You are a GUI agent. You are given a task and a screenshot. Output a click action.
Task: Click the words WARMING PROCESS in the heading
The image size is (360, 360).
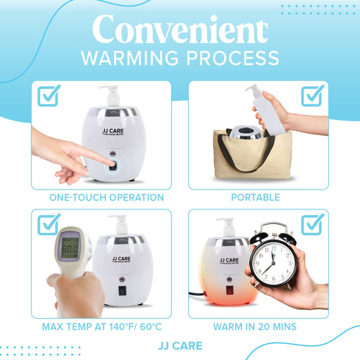[179, 59]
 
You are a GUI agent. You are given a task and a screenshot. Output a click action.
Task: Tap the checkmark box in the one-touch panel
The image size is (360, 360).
[48, 96]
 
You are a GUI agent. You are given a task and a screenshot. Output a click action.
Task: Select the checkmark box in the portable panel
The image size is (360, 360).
[312, 96]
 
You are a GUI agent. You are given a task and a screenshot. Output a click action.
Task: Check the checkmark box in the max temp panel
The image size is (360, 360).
[48, 224]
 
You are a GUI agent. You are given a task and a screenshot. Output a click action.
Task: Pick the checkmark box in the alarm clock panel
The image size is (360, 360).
[312, 224]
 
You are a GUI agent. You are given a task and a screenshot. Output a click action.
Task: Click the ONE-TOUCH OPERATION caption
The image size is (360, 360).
[106, 198]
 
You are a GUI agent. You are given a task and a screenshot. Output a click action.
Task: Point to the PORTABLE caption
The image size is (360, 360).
[255, 198]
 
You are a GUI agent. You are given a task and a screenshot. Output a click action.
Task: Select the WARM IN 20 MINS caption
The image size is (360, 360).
[255, 326]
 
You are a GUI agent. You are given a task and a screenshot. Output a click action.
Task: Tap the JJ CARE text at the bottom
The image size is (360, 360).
[179, 345]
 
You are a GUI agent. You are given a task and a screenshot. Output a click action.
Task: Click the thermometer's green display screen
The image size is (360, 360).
[70, 248]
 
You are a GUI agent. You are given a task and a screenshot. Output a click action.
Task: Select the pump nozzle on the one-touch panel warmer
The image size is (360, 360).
[114, 93]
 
